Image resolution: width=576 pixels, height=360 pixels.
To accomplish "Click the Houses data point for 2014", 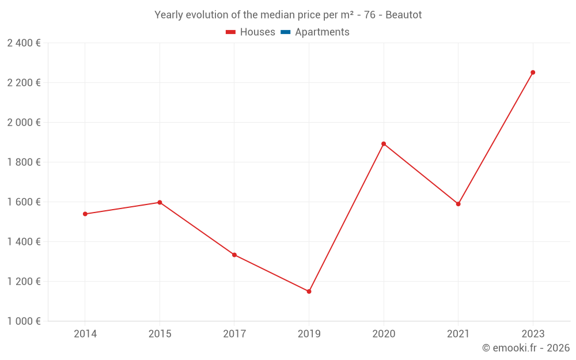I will [85, 214].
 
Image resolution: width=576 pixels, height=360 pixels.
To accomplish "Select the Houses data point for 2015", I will [160, 202].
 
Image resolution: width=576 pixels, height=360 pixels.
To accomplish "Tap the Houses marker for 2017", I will [234, 255].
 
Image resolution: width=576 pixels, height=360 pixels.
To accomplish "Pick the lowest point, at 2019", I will [309, 291].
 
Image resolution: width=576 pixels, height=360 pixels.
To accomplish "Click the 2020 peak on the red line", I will [384, 143].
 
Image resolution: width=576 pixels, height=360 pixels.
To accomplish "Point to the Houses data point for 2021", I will [458, 204].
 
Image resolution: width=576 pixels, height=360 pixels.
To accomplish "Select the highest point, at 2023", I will [533, 73].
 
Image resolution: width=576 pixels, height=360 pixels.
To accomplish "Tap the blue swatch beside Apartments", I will [285, 32].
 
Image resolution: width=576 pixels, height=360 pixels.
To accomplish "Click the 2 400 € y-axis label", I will [24, 43].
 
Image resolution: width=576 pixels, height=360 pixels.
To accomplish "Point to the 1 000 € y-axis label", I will [24, 321].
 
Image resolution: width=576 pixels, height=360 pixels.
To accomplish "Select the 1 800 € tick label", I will [24, 162].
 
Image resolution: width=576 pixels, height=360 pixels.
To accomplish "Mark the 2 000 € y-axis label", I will [24, 123].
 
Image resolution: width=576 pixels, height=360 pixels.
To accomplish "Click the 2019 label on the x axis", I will [309, 334].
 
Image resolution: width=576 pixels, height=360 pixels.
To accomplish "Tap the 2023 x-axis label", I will [533, 334].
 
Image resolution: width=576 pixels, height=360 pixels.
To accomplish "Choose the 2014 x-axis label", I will [85, 334].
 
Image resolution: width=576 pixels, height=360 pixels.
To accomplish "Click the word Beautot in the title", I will [403, 15].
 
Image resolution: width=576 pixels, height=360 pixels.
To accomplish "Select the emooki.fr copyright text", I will [525, 348].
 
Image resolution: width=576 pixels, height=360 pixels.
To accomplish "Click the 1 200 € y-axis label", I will [24, 282].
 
